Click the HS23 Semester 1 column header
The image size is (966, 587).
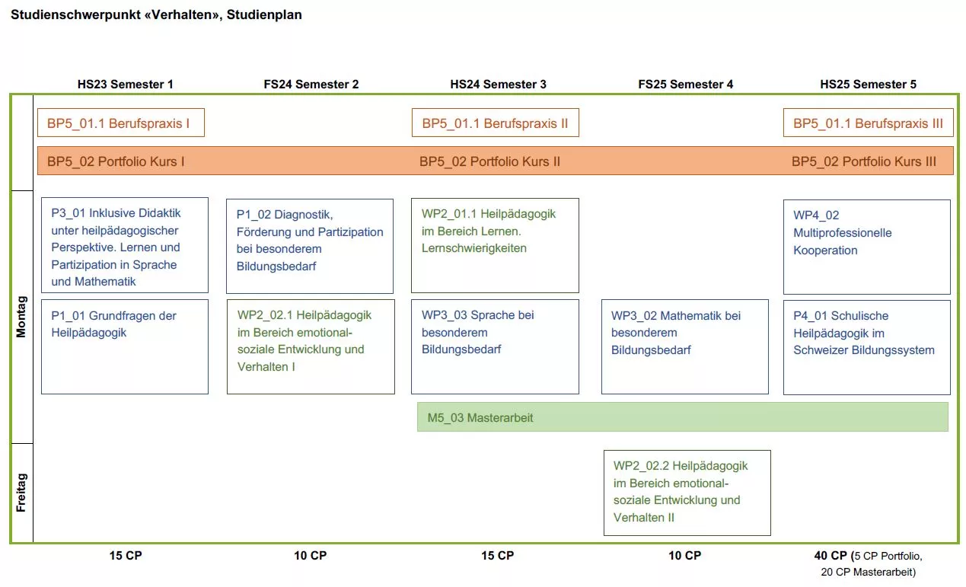125,84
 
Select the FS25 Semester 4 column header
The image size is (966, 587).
685,84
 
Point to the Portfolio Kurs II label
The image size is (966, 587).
489,161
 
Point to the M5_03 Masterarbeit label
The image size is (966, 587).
480,417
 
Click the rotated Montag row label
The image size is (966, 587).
21,317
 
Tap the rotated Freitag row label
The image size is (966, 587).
21,493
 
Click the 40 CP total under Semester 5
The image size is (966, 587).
831,556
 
